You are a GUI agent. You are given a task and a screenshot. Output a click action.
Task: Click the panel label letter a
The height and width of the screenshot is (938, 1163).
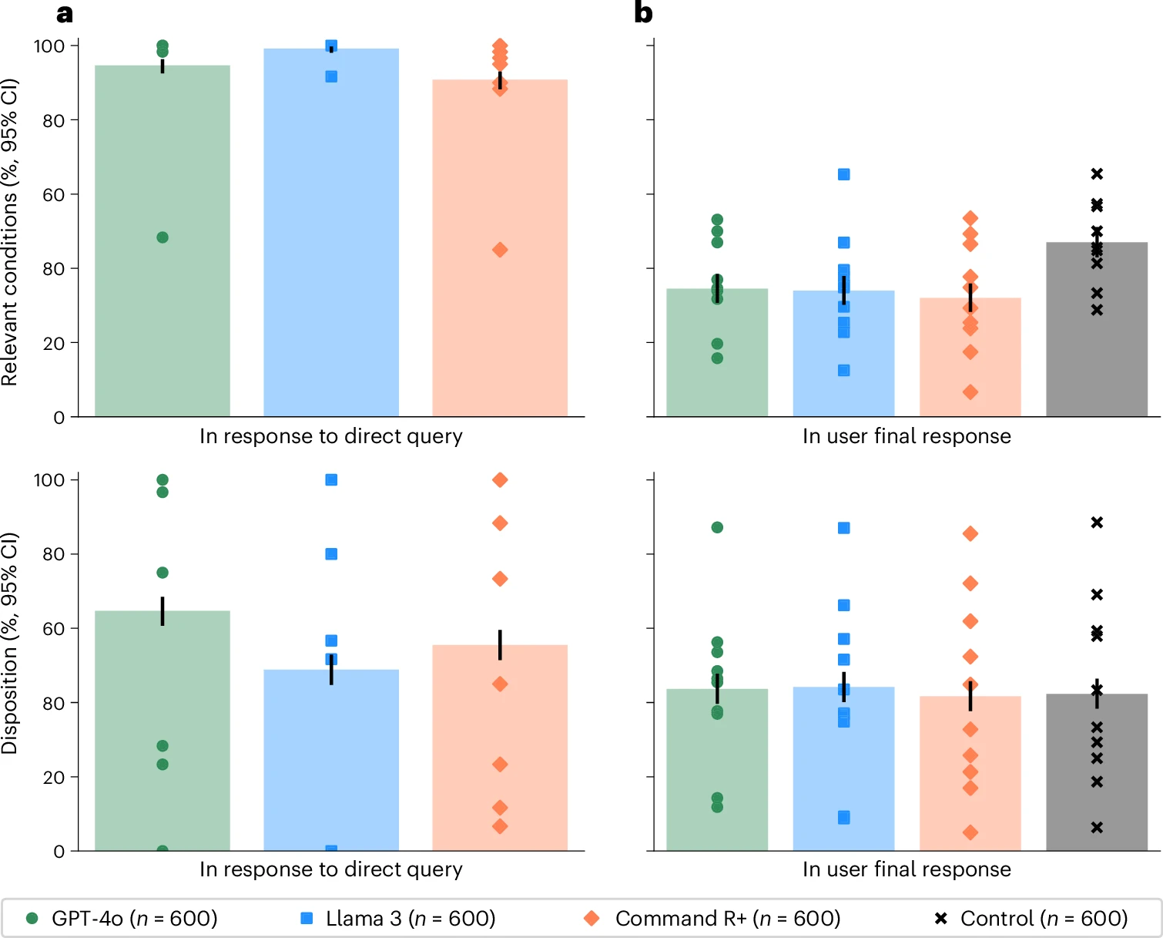click(x=65, y=14)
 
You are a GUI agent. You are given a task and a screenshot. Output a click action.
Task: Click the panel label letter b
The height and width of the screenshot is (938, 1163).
click(x=643, y=14)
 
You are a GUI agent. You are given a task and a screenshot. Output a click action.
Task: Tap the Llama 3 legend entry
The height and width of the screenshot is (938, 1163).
click(x=397, y=918)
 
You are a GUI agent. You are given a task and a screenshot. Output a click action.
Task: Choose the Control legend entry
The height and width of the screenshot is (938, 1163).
click(x=1031, y=918)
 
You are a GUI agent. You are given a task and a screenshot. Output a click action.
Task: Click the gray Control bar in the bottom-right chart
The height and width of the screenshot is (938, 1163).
click(x=1097, y=778)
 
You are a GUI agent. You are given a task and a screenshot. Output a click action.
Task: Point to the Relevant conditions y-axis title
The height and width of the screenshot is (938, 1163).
click(x=9, y=231)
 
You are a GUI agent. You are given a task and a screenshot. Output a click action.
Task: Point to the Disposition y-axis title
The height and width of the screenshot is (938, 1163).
click(x=9, y=643)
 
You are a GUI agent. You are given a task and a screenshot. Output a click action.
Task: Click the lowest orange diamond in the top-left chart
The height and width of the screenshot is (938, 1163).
click(x=500, y=250)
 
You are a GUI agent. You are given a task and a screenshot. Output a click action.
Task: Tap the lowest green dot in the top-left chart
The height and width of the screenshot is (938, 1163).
click(x=163, y=237)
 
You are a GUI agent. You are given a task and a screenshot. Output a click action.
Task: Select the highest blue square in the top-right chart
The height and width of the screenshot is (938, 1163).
click(x=844, y=174)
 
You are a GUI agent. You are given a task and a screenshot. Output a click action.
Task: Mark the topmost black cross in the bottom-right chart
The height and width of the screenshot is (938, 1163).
click(x=1097, y=523)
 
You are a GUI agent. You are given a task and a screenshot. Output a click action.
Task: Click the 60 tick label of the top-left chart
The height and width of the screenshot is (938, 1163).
click(x=54, y=195)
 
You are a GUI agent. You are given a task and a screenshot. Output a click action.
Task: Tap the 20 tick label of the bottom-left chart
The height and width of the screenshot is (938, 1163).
click(x=54, y=778)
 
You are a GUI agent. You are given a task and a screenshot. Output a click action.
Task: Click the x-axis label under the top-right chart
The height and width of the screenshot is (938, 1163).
click(x=907, y=436)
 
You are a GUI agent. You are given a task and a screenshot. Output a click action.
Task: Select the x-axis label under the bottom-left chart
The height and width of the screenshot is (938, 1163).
click(x=331, y=869)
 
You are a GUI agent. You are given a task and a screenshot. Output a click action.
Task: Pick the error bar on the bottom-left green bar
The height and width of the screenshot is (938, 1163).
click(x=163, y=610)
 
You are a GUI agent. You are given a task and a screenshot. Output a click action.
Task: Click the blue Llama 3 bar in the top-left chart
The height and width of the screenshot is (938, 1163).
click(x=331, y=247)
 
